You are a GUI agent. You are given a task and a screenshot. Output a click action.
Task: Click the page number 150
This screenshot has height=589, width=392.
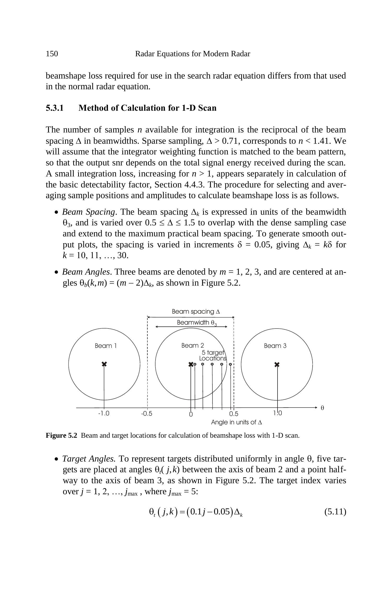[x=52, y=54]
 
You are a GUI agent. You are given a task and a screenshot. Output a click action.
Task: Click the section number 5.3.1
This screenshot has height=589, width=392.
[x=55, y=108]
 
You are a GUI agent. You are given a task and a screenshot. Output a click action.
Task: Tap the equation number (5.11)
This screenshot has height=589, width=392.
[x=335, y=512]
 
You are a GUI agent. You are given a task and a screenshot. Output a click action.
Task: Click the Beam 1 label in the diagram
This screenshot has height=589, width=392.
[x=106, y=346]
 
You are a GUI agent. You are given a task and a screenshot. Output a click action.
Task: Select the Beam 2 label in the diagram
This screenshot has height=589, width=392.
[x=193, y=346]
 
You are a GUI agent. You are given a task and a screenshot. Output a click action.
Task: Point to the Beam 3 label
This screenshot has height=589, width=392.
[x=275, y=346]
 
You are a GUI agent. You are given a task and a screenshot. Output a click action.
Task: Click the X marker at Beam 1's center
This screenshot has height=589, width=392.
[x=104, y=364]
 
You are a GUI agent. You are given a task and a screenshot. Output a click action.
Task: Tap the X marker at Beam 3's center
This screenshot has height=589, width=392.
[x=277, y=364]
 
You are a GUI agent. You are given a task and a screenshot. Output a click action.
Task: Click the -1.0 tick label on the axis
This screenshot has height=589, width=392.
[x=104, y=413]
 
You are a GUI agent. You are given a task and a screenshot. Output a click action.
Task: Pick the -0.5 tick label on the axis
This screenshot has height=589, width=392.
[x=147, y=414]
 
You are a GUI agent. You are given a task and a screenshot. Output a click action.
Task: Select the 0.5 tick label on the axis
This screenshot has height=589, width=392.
[x=234, y=414]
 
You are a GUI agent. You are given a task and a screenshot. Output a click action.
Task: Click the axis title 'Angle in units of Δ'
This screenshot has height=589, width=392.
[x=236, y=422]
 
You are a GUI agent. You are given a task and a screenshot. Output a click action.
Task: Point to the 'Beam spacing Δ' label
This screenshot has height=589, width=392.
[x=196, y=312]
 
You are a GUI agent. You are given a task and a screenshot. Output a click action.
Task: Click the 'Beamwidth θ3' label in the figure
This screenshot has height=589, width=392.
[x=197, y=323]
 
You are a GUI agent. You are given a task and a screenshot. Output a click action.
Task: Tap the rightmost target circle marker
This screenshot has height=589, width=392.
[x=230, y=364]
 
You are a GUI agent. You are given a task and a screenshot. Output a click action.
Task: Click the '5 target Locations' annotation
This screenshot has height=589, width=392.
[x=213, y=355]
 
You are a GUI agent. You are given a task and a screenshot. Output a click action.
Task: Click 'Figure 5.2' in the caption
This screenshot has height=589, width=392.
[x=61, y=436]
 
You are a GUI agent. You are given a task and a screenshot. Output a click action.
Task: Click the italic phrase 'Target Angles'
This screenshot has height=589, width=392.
[x=89, y=459]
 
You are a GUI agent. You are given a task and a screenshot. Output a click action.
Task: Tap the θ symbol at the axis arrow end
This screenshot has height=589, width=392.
[x=322, y=408]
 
